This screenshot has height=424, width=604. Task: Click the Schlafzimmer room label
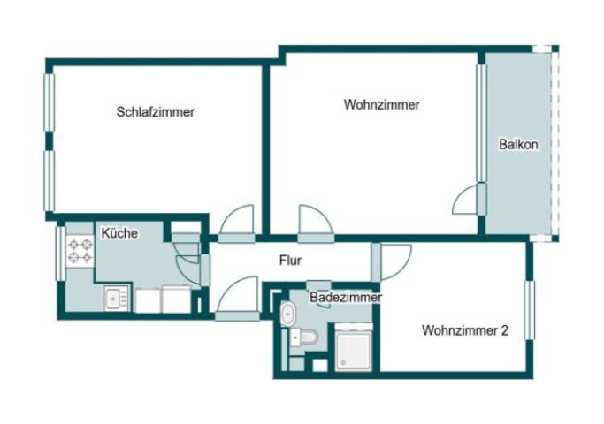pyautogui.click(x=155, y=112)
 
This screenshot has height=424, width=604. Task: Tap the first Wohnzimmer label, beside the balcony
pyautogui.click(x=381, y=104)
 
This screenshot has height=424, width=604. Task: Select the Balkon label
pyautogui.click(x=517, y=145)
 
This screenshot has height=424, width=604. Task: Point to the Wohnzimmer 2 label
pyautogui.click(x=464, y=331)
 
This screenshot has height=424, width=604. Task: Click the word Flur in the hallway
pyautogui.click(x=291, y=261)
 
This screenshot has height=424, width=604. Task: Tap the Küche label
pyautogui.click(x=119, y=233)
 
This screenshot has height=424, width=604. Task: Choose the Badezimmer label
pyautogui.click(x=345, y=298)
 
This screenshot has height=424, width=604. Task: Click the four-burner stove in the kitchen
pyautogui.click(x=80, y=252)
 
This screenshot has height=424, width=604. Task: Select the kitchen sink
pyautogui.click(x=116, y=299)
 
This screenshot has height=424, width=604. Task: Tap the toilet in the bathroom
pyautogui.click(x=302, y=337)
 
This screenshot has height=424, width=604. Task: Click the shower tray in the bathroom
pyautogui.click(x=356, y=349)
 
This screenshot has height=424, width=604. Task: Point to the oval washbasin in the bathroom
pyautogui.click(x=287, y=314)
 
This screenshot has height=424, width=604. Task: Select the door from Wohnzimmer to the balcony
pyautogui.click(x=469, y=201)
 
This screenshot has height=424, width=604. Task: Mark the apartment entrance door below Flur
pyautogui.click(x=236, y=299)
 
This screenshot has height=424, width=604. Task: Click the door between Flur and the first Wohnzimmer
pyautogui.click(x=315, y=222)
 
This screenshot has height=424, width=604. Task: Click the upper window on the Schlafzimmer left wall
pyautogui.click(x=50, y=102)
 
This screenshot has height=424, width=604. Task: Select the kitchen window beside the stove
pyautogui.click(x=62, y=254)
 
